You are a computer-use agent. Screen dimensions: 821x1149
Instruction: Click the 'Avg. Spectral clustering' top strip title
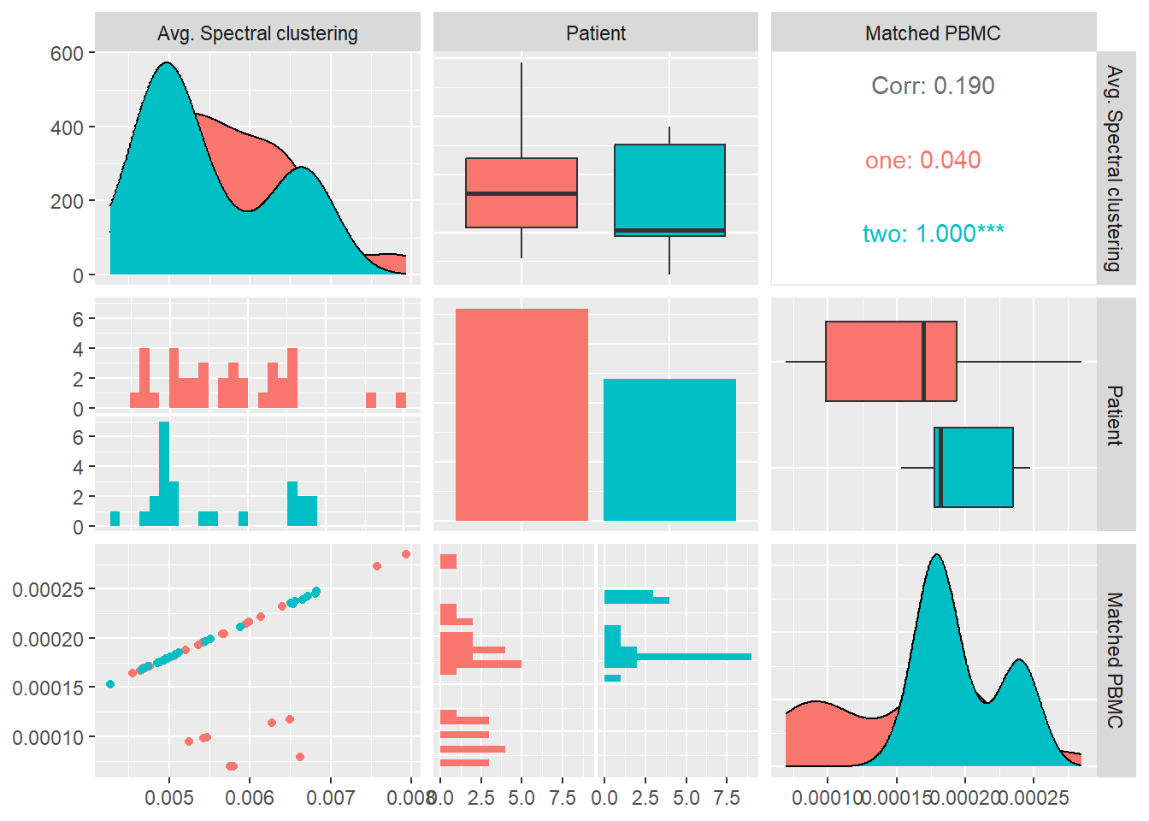[x=257, y=33]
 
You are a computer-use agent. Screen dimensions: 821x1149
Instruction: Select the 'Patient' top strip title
[x=596, y=33]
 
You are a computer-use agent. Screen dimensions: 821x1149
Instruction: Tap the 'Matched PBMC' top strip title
[x=933, y=33]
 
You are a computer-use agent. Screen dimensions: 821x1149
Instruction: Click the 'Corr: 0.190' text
[x=933, y=86]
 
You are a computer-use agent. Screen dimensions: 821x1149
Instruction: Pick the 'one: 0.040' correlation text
[x=922, y=160]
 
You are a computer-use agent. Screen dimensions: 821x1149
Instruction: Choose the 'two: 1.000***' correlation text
[x=933, y=233]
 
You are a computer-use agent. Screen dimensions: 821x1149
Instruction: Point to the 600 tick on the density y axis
[x=67, y=53]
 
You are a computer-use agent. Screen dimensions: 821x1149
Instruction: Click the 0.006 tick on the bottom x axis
[x=250, y=798]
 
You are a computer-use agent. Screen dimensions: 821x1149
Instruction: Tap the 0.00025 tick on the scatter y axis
[x=48, y=589]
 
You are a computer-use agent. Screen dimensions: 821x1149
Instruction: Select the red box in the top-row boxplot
[x=521, y=192]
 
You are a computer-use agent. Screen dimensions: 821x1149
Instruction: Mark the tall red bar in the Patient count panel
[x=521, y=415]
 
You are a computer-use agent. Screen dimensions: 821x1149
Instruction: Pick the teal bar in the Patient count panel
[x=669, y=449]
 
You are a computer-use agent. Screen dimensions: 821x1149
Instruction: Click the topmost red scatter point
[x=406, y=554]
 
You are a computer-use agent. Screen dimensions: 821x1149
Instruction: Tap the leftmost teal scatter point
[x=110, y=684]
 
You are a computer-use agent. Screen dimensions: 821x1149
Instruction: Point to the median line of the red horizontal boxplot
[x=923, y=361]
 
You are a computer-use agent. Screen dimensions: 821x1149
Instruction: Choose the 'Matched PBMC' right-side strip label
[x=1115, y=659]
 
